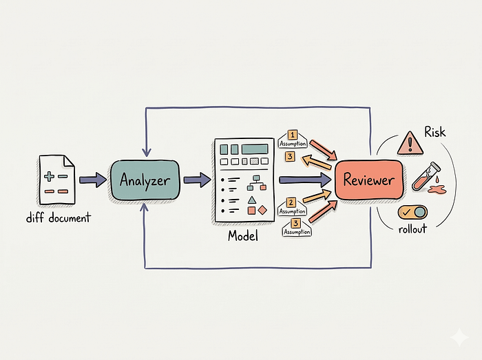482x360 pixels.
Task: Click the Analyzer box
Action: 145,180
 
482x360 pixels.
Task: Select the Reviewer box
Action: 369,180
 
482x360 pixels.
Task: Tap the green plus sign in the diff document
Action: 49,176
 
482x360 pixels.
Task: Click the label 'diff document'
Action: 59,218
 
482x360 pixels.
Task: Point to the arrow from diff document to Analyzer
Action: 93,180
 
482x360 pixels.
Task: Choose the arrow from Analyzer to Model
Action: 198,180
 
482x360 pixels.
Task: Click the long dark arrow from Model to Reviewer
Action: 305,180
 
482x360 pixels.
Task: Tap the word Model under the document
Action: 243,236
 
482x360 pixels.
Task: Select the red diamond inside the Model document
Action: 262,210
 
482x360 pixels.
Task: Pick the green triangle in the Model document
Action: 252,200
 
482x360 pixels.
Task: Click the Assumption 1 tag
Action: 293,139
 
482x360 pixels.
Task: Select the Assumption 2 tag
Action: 292,207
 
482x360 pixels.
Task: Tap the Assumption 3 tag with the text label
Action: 297,227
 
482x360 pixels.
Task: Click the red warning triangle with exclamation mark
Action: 410,143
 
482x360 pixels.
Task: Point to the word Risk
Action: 435,132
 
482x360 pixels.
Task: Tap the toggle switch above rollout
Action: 412,212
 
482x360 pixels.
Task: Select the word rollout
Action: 412,229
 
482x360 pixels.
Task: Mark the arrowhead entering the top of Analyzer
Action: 147,152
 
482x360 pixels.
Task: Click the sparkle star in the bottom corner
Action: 459,337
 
